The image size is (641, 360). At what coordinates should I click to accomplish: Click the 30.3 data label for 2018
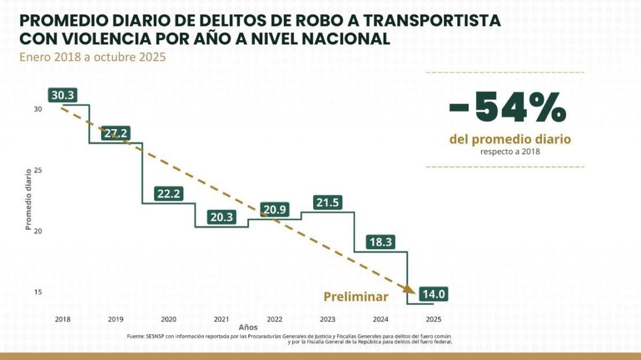pyautogui.click(x=63, y=95)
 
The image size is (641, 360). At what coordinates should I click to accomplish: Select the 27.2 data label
pyautogui.click(x=115, y=134)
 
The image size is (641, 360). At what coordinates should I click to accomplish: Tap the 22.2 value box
pyautogui.click(x=169, y=193)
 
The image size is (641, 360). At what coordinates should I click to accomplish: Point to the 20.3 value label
pyautogui.click(x=222, y=217)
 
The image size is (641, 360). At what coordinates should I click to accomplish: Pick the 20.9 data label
pyautogui.click(x=275, y=209)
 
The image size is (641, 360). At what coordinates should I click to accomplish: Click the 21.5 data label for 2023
pyautogui.click(x=328, y=203)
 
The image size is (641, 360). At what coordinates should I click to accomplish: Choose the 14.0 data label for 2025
pyautogui.click(x=434, y=294)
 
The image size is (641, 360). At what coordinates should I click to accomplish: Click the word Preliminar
pyautogui.click(x=356, y=296)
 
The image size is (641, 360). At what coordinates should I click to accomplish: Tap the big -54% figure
pyautogui.click(x=508, y=109)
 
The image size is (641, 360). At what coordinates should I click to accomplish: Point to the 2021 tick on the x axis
pyautogui.click(x=221, y=319)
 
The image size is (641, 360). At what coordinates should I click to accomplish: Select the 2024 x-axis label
pyautogui.click(x=381, y=319)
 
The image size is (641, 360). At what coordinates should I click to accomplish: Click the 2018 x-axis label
pyautogui.click(x=62, y=319)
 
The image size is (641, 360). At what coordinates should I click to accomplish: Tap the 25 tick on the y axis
pyautogui.click(x=38, y=170)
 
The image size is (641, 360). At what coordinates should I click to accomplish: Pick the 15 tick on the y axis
pyautogui.click(x=38, y=292)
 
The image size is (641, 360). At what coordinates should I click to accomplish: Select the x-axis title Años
pyautogui.click(x=248, y=328)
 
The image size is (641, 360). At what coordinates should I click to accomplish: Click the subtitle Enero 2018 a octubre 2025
pyautogui.click(x=92, y=58)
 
